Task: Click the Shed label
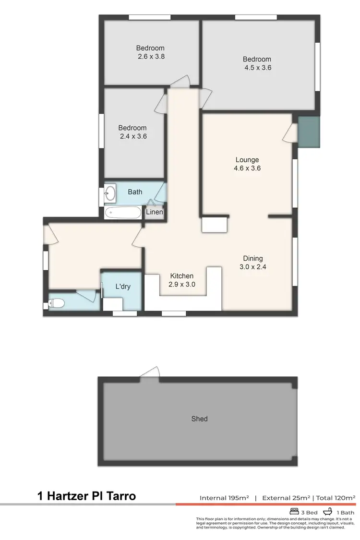click(199, 419)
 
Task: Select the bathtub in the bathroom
click(123, 212)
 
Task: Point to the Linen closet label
click(155, 212)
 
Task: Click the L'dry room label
click(123, 287)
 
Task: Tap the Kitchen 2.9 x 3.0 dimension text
click(182, 284)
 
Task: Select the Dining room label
click(252, 258)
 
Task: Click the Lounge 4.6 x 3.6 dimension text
click(247, 168)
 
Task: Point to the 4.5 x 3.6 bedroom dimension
click(258, 68)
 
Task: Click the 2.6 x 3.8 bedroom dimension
click(150, 56)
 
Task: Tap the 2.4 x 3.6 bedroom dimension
click(133, 136)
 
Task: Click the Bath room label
click(135, 192)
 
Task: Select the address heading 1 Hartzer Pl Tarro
click(87, 496)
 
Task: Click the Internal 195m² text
click(224, 498)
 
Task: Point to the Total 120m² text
click(336, 498)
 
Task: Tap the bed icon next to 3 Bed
click(294, 512)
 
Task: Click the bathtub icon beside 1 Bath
click(328, 512)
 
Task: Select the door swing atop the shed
click(151, 372)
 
